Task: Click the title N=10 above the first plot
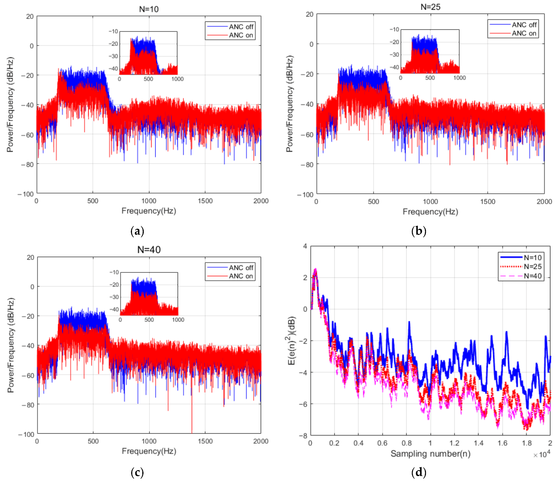[149, 9]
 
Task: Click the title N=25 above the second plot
[430, 7]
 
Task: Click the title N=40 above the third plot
[149, 250]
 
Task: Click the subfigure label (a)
[137, 231]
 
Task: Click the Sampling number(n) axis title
[430, 454]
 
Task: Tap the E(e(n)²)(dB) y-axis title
[292, 340]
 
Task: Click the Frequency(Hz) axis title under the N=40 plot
[149, 451]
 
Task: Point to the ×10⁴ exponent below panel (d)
[542, 455]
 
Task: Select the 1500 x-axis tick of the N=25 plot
[487, 202]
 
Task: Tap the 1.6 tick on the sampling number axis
[502, 443]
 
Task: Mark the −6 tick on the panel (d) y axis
[303, 404]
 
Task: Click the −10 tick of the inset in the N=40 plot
[114, 272]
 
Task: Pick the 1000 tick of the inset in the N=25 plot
[459, 78]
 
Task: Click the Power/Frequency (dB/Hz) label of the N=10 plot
[10, 105]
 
